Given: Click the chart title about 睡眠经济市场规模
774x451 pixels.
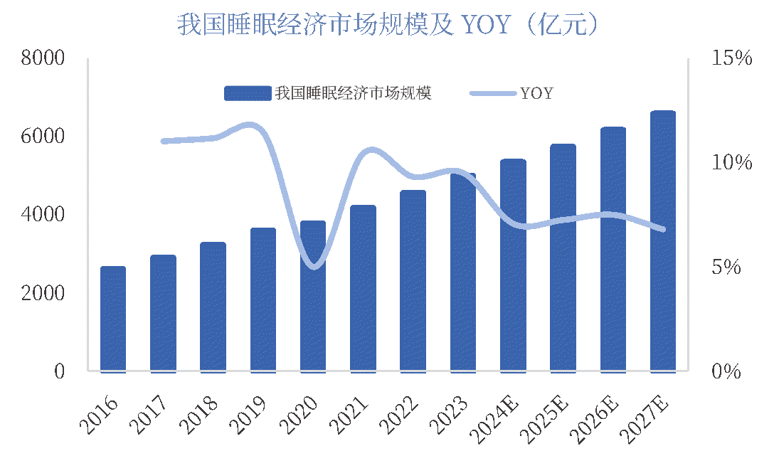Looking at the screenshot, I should [387, 25].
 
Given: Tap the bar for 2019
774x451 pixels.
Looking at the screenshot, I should [263, 299].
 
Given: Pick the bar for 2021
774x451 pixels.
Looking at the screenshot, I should [363, 288].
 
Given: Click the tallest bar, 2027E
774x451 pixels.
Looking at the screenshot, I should [662, 241].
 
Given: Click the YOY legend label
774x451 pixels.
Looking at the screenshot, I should [536, 93].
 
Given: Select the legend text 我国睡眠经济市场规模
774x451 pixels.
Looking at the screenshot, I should [353, 93].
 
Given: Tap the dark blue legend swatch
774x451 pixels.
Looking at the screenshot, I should [247, 93].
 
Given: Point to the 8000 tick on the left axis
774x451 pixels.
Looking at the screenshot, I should [43, 58].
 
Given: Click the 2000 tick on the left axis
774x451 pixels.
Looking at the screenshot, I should [43, 293].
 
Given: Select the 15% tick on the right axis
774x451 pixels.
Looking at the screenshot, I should [731, 58].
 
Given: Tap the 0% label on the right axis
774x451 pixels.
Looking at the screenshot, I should [726, 371].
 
